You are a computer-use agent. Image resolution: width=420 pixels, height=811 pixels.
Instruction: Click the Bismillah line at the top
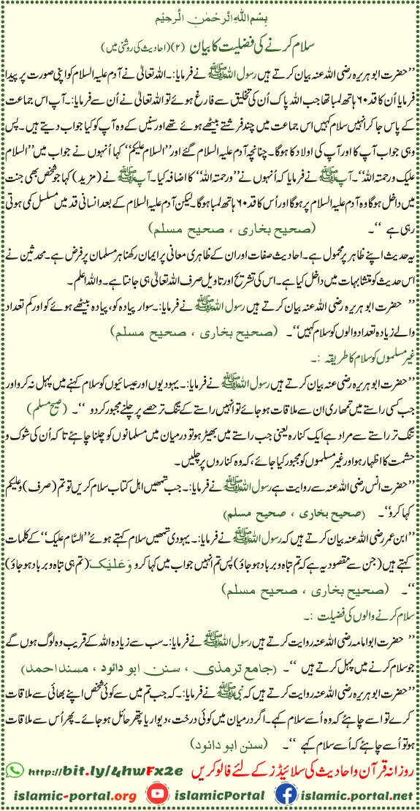click(x=210, y=12)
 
